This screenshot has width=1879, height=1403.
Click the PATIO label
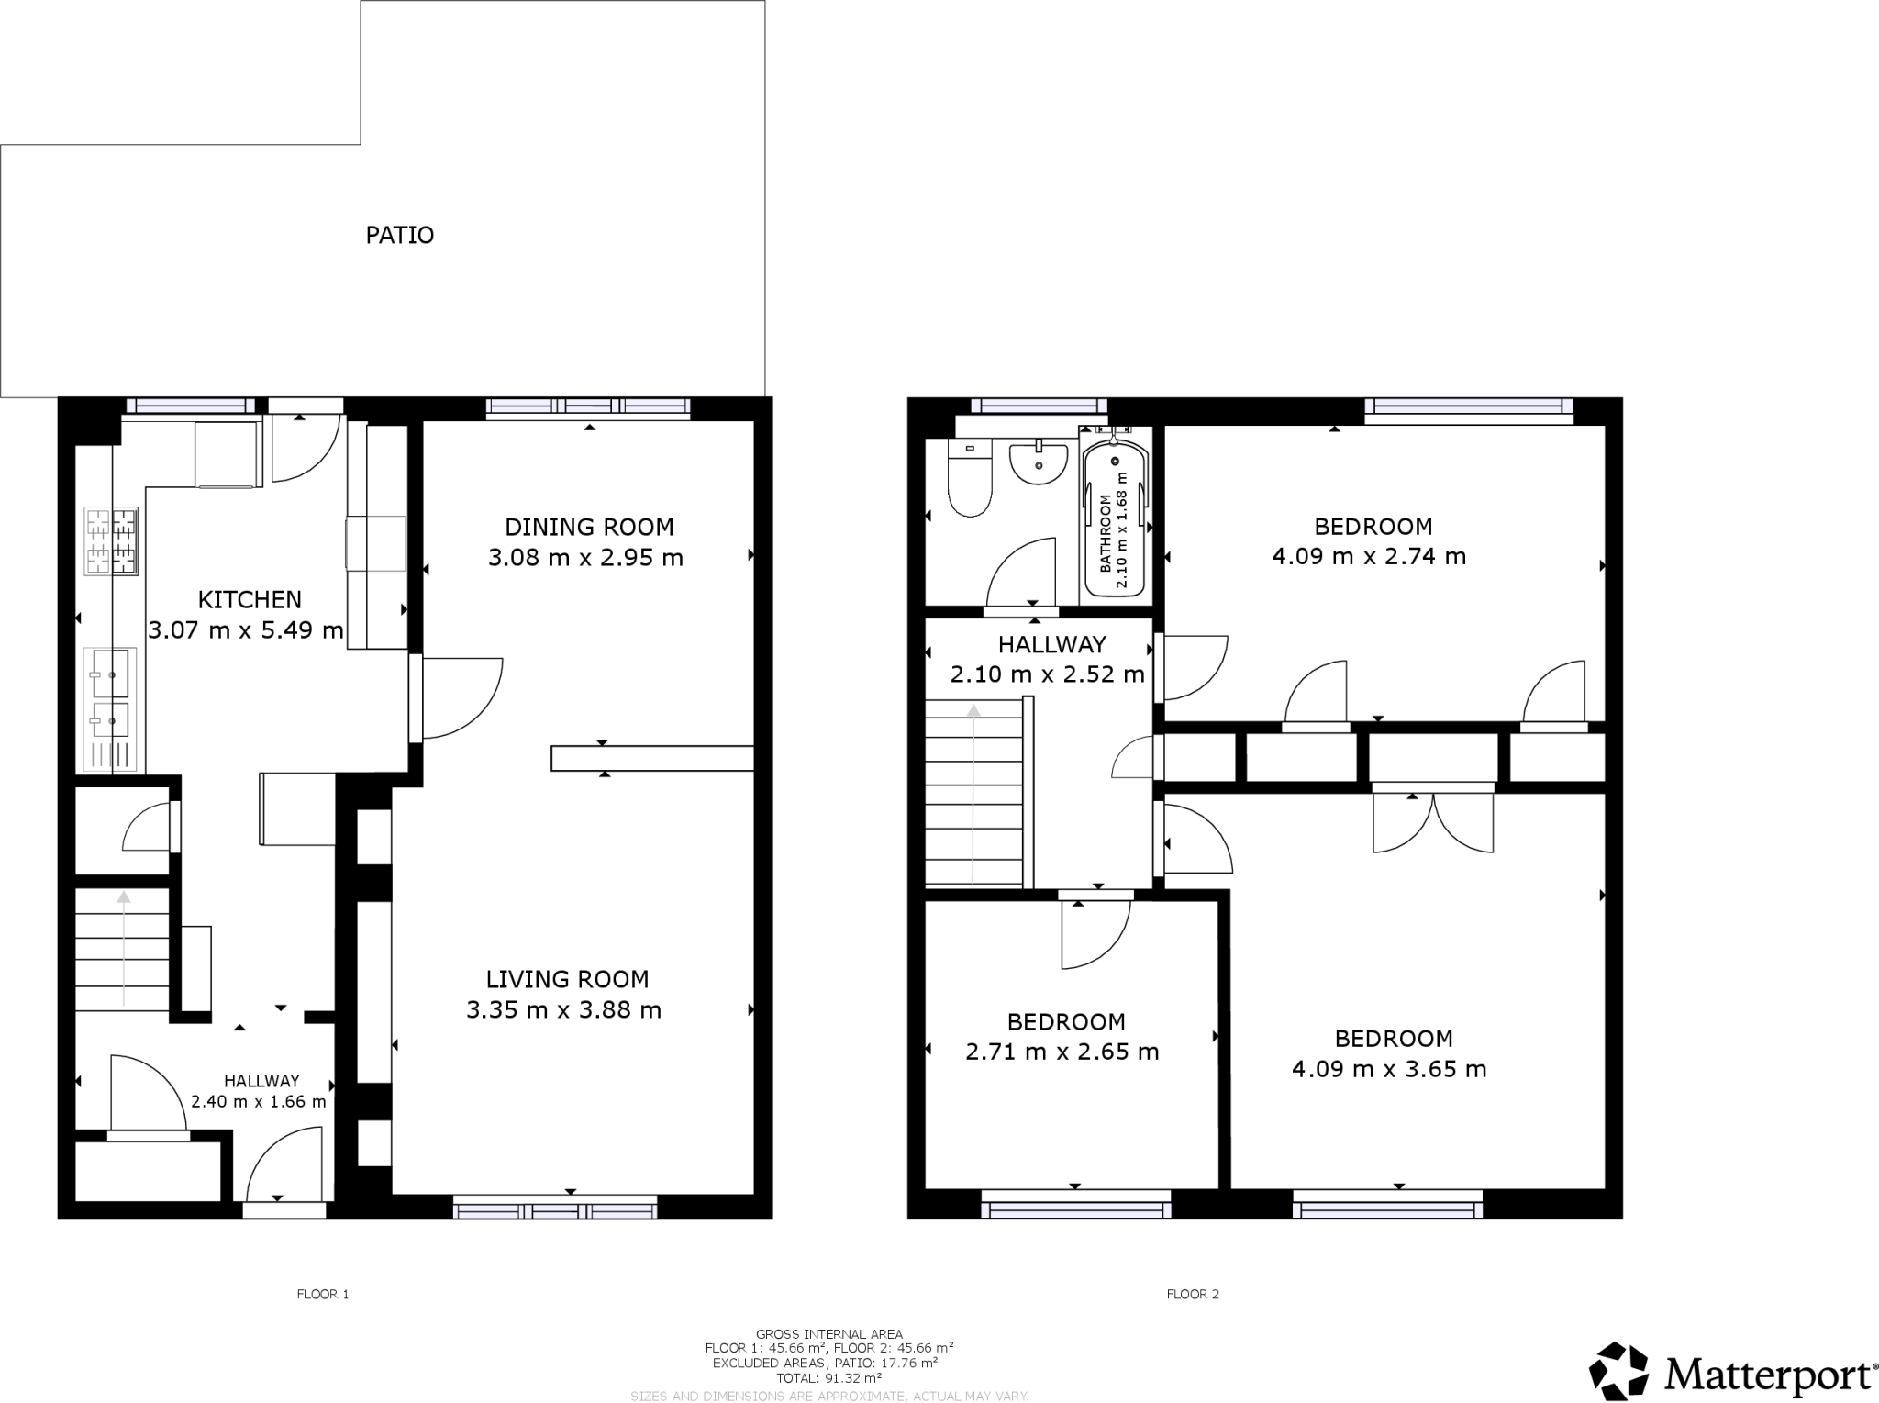point(399,236)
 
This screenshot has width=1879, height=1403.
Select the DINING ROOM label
point(589,527)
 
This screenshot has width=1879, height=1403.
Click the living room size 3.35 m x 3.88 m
point(563,1010)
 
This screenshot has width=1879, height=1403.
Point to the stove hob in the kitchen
point(111,541)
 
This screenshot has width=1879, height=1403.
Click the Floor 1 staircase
point(123,948)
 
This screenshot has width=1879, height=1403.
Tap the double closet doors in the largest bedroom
point(1433,822)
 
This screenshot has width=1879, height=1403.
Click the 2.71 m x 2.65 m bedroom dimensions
point(1062,1052)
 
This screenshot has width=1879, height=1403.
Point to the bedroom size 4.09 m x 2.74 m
point(1369,556)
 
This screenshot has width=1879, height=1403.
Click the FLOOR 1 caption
point(323,1295)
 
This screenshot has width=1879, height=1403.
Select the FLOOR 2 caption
point(1193,1295)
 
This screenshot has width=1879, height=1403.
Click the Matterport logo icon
point(1618,1373)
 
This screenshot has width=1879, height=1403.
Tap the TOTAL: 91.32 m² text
point(828,1377)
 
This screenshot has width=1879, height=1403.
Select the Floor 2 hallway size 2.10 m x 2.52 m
point(1047,674)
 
